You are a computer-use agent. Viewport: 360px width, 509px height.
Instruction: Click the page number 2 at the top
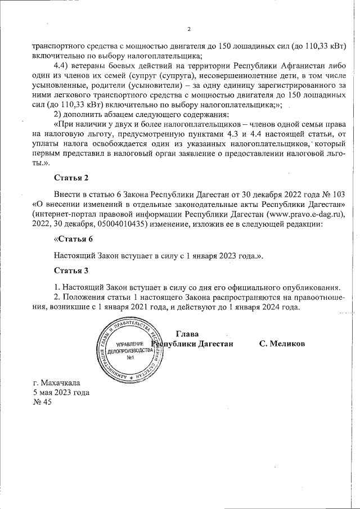pos(190,29)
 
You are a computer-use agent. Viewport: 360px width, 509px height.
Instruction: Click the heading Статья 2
pos(71,178)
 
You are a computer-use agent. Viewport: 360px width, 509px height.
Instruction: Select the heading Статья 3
pos(71,271)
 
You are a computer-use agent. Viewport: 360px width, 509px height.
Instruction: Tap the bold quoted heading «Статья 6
pos(73,238)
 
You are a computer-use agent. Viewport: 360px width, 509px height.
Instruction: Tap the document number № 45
pos(42,403)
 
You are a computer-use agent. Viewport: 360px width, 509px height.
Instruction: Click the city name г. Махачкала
pos(57,382)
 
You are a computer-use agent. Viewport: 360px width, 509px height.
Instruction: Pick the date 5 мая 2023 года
pos(61,393)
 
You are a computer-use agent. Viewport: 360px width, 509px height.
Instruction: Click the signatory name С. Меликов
pos(282,343)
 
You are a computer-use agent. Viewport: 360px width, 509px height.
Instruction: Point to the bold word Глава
pos(187,333)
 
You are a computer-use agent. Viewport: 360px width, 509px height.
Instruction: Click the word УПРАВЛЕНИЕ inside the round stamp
pos(129,343)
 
